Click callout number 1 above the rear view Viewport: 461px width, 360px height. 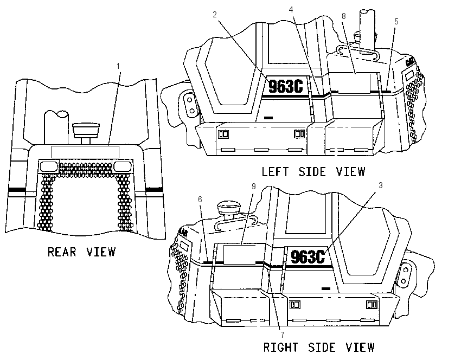click(118, 66)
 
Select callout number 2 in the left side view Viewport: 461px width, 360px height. click(215, 15)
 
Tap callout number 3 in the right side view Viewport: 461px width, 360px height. click(380, 185)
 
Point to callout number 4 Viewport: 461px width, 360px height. click(291, 10)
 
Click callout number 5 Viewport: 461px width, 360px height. click(396, 22)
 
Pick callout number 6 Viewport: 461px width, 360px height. click(200, 200)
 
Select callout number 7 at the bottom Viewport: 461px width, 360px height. click(283, 335)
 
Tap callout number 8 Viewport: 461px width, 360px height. click(344, 16)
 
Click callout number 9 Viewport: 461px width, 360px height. click(254, 187)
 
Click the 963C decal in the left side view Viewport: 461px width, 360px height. click(286, 86)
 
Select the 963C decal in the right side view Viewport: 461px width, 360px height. click(308, 256)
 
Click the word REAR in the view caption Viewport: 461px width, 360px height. click(62, 252)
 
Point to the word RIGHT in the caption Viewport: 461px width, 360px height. click(281, 348)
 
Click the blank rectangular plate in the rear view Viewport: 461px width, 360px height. click(85, 152)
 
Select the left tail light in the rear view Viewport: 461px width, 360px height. click(49, 166)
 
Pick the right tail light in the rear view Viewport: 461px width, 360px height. click(122, 166)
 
